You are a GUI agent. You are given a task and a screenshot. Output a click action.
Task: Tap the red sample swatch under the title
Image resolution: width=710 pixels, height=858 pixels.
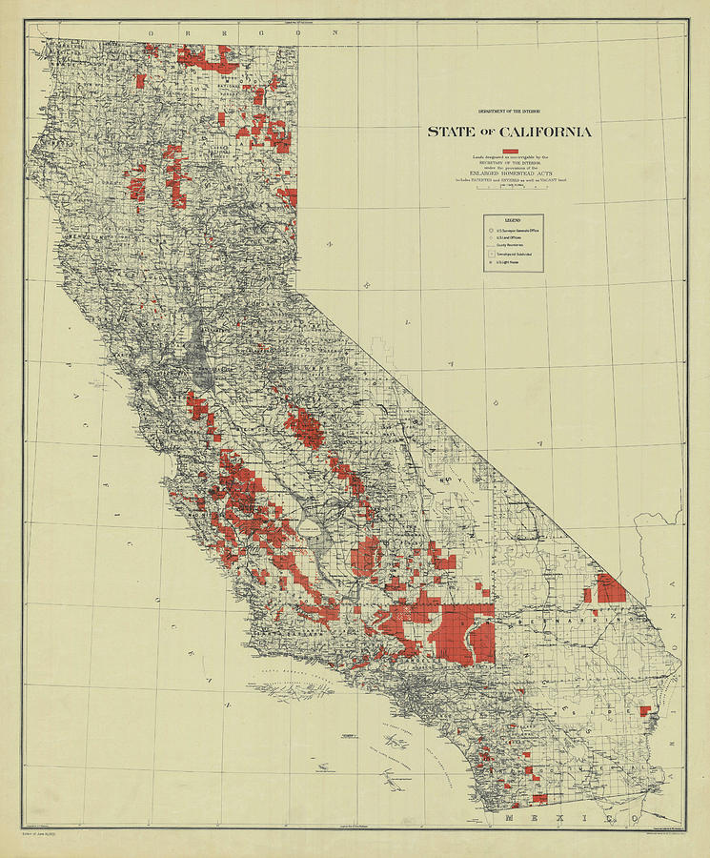point(510,152)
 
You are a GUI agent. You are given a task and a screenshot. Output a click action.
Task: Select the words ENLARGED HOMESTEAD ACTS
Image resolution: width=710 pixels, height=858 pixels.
point(510,173)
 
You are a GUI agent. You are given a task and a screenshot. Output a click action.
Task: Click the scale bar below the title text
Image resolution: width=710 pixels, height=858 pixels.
point(510,188)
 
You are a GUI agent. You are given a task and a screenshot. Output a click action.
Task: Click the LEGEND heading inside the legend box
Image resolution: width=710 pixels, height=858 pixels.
point(512,220)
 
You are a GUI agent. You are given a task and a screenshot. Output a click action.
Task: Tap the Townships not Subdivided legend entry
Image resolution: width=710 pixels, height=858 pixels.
point(515,255)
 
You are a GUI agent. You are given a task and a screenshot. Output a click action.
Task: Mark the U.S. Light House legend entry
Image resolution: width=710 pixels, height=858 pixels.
point(510,263)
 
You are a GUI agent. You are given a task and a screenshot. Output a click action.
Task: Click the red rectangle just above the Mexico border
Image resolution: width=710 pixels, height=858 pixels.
point(539,798)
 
